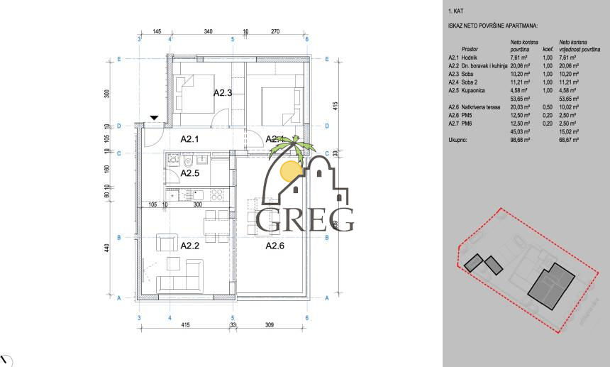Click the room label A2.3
coord(223,92)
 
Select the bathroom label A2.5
coord(190,172)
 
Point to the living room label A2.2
coord(189,246)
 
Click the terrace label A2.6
coord(274,246)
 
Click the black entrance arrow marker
coord(154,118)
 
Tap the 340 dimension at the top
coord(209,32)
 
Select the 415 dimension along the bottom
coord(184,325)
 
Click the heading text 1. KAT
coord(457,12)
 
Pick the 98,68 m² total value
coord(520,141)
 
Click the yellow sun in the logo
coord(290,170)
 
